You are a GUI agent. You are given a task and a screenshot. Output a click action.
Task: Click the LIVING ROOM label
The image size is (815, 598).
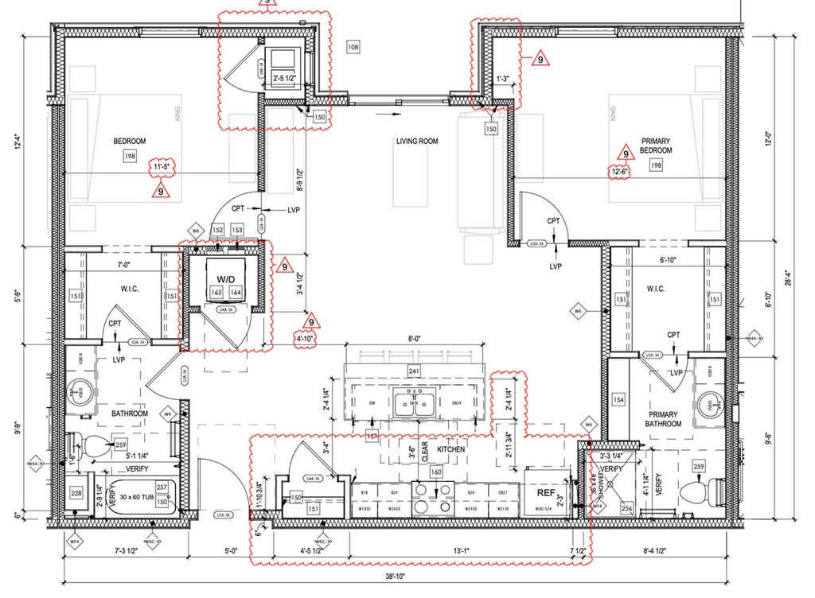417,142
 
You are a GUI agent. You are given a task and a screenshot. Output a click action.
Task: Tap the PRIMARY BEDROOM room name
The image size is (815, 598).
656,146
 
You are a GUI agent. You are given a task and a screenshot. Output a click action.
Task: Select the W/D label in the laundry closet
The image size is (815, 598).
224,279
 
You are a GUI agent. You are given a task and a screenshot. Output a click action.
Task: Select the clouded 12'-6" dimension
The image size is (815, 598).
619,171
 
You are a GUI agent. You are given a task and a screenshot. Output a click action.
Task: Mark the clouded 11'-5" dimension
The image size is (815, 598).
162,167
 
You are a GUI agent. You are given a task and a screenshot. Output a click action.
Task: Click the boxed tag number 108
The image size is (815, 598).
353,48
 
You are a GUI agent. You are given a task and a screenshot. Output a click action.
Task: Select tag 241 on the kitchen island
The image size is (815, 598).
414,371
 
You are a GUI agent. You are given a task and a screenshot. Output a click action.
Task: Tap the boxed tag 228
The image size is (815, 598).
76,494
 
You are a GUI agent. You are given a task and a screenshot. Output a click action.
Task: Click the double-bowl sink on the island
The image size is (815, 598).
414,403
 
